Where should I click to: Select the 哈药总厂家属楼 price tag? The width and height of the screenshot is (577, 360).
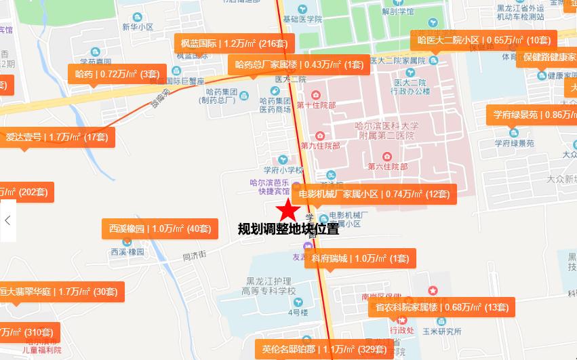tap(298, 64)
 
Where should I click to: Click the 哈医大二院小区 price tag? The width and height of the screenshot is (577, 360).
tap(484, 40)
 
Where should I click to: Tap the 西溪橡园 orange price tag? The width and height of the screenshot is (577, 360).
tap(160, 228)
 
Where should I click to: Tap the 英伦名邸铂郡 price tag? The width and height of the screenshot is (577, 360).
tap(324, 350)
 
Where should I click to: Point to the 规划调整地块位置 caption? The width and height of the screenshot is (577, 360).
tap(288, 229)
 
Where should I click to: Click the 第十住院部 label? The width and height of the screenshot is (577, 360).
tap(316, 105)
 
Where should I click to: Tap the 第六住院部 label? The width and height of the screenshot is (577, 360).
tap(388, 166)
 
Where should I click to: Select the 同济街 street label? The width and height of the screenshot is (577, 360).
tap(195, 256)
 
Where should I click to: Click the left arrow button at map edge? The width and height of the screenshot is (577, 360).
tap(7, 220)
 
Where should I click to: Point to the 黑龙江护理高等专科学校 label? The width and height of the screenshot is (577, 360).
tap(272, 286)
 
